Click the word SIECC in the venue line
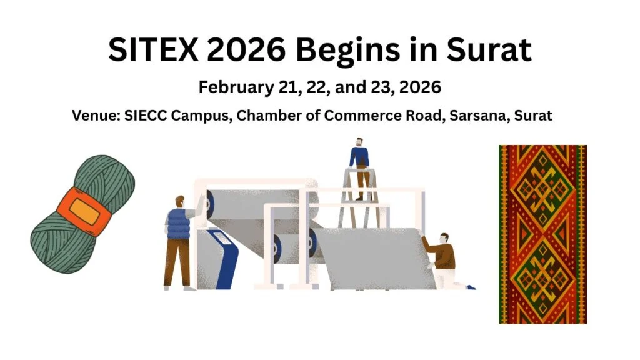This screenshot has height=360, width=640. [154, 116]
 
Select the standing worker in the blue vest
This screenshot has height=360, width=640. [177, 241]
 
